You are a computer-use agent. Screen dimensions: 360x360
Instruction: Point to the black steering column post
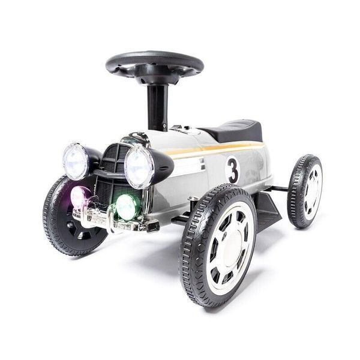click(x=157, y=105)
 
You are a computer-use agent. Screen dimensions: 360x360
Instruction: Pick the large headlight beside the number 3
click(x=139, y=166)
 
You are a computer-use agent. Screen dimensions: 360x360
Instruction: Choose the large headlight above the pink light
click(x=76, y=161)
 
